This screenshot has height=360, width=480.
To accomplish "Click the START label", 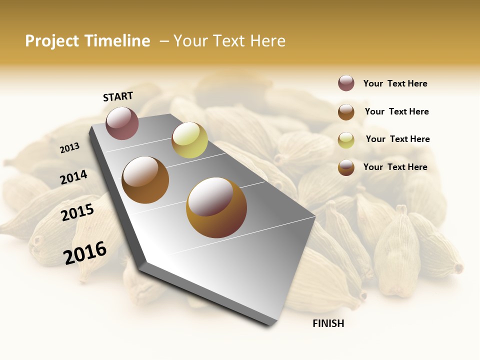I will coord(118,96).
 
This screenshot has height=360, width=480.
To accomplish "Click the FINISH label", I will coord(328,323).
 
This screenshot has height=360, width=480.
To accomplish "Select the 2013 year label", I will coord(69,148).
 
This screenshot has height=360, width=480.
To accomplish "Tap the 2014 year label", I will coord(73,177).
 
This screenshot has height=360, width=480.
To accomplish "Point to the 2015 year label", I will coord(77,212).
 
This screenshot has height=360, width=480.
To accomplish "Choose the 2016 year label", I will coord(85,252).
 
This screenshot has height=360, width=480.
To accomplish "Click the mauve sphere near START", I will coord(122,123).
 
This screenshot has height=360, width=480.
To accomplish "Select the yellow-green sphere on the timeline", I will coord(189,140).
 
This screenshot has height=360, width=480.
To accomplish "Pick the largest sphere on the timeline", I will coord(216,207).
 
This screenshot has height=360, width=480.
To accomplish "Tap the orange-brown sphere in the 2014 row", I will coord(145,180).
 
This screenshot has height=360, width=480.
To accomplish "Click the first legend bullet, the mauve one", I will coord(346,83).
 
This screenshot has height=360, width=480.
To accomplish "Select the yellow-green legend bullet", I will coord(346,140).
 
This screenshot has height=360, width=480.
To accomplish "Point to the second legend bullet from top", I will coord(346,112).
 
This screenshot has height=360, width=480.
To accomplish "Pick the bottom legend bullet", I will coord(346,167).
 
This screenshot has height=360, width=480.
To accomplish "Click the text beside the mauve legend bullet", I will coord(395,83).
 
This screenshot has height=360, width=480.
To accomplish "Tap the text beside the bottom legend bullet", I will coord(395,167).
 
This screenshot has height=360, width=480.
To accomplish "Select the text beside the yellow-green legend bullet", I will coord(397,139).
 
